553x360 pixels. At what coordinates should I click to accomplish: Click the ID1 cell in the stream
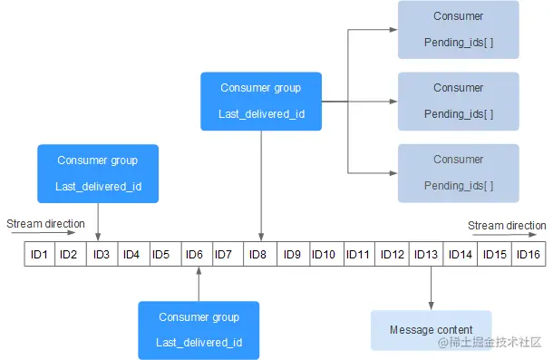pyautogui.click(x=39, y=255)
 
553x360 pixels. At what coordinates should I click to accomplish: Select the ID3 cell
pyautogui.click(x=102, y=255)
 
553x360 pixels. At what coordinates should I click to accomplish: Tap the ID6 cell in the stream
pyautogui.click(x=195, y=255)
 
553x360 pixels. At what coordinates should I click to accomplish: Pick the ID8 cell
pyautogui.click(x=259, y=255)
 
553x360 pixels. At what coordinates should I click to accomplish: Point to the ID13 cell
pyautogui.click(x=426, y=255)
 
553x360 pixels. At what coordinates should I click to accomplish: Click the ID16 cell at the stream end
pyautogui.click(x=528, y=255)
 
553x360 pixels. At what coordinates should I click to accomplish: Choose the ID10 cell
pyautogui.click(x=324, y=255)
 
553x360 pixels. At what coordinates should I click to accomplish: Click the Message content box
pyautogui.click(x=431, y=330)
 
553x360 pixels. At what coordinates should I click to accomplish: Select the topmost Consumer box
pyautogui.click(x=459, y=29)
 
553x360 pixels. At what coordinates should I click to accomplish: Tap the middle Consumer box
pyautogui.click(x=459, y=101)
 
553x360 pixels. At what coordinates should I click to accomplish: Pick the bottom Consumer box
pyautogui.click(x=459, y=172)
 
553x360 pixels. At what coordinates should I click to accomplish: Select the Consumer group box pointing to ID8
pyautogui.click(x=261, y=102)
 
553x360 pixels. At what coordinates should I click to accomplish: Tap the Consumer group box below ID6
pyautogui.click(x=199, y=330)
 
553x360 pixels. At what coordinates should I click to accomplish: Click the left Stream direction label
pyautogui.click(x=45, y=223)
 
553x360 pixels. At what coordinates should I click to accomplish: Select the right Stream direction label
pyautogui.click(x=507, y=226)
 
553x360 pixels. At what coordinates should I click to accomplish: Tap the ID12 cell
pyautogui.click(x=393, y=255)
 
